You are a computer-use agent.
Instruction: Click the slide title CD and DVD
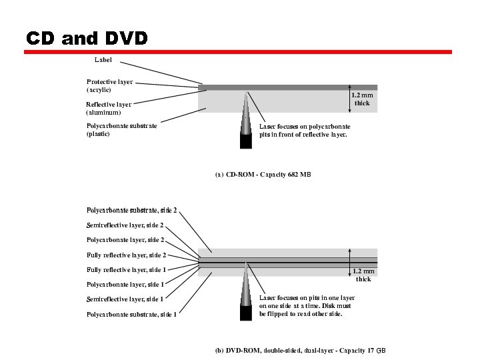pyautogui.click(x=87, y=38)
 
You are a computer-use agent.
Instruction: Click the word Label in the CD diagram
pyautogui.click(x=103, y=60)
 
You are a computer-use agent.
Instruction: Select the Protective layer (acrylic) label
pyautogui.click(x=109, y=85)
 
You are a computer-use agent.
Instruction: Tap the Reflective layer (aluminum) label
pyautogui.click(x=109, y=108)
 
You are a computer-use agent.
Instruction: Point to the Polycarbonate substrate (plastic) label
pyautogui.click(x=121, y=129)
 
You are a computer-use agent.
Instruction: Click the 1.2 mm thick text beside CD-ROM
pyautogui.click(x=362, y=99)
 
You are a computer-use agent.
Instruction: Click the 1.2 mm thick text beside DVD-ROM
pyautogui.click(x=363, y=275)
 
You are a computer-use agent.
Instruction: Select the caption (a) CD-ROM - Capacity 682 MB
pyautogui.click(x=263, y=174)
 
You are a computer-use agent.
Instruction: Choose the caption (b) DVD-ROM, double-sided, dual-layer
pyautogui.click(x=300, y=350)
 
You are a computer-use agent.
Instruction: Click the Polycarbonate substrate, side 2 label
pyautogui.click(x=131, y=210)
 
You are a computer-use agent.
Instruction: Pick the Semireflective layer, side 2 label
pyautogui.click(x=125, y=225)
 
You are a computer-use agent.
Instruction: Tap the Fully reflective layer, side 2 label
pyautogui.click(x=126, y=255)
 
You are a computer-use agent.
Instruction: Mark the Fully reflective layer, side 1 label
pyautogui.click(x=126, y=269)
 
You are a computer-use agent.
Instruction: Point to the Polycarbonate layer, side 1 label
pyautogui.click(x=125, y=284)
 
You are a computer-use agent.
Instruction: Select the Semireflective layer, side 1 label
pyautogui.click(x=125, y=299)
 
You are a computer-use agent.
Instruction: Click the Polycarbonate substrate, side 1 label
pyautogui.click(x=131, y=314)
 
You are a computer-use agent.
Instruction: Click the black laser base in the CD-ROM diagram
pyautogui.click(x=246, y=141)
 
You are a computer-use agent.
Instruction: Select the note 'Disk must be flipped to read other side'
pyautogui.click(x=305, y=309)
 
